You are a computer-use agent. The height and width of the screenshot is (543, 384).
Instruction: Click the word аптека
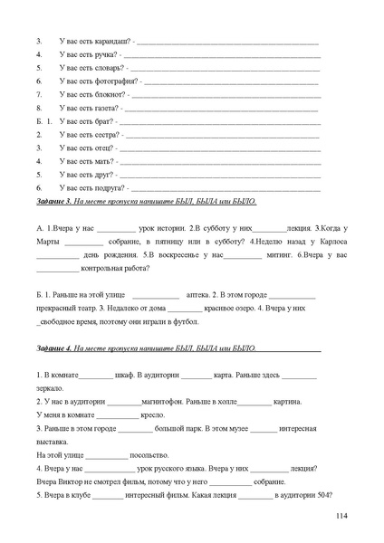point(197,295)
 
